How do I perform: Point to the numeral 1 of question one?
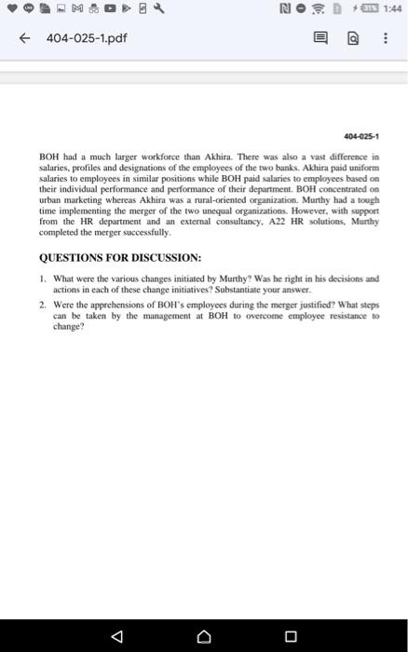click(x=43, y=278)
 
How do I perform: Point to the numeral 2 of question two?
click(x=43, y=304)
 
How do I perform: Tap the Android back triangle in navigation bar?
click(x=116, y=637)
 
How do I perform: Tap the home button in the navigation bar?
click(x=203, y=637)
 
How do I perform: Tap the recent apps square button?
click(x=290, y=637)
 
